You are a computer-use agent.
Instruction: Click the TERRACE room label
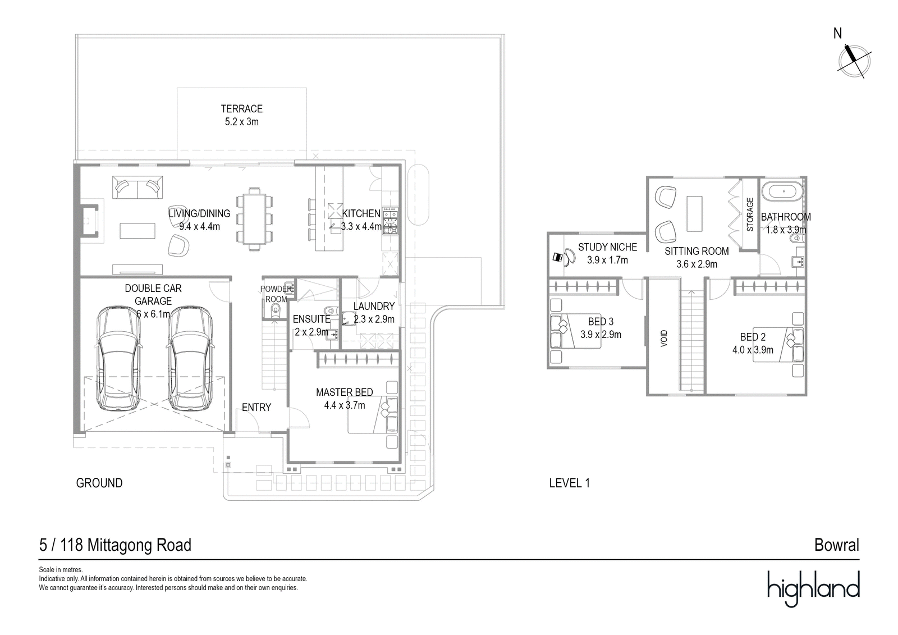tap(241, 109)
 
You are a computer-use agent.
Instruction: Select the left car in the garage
tap(118, 359)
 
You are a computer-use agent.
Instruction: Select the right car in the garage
tap(190, 359)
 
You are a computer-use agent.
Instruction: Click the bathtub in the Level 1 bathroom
tap(784, 191)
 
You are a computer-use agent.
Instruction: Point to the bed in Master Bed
tap(373, 415)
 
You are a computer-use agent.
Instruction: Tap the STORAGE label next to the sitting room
tap(750, 214)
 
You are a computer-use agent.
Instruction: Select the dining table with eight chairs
tap(255, 219)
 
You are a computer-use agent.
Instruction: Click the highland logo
tap(813, 588)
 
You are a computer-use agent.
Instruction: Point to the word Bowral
tap(836, 545)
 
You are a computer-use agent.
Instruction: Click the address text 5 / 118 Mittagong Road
tap(115, 545)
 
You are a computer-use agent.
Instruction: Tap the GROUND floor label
tap(99, 483)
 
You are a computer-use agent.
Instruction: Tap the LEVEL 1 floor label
tap(569, 483)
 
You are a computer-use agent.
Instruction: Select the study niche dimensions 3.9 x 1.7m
tap(607, 260)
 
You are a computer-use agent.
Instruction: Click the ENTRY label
tap(256, 408)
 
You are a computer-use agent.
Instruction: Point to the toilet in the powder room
tap(275, 311)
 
